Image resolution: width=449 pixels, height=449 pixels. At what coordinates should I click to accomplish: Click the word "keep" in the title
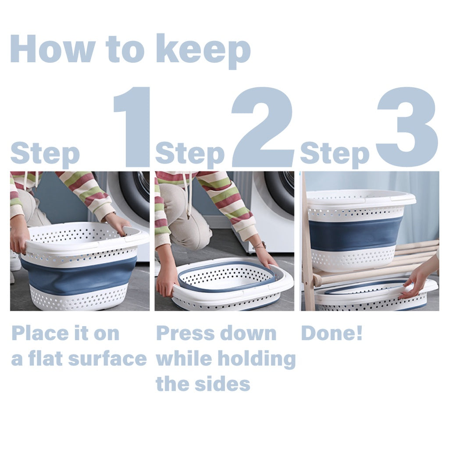click(203, 51)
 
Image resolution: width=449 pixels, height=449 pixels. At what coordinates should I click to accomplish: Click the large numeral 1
click(132, 127)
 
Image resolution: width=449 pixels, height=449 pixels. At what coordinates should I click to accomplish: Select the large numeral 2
click(262, 127)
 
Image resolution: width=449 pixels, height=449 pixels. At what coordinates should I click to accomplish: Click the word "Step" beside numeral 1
click(45, 155)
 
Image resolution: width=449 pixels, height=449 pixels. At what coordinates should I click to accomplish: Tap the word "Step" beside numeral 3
click(335, 155)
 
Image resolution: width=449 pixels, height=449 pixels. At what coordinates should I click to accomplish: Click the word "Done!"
click(332, 333)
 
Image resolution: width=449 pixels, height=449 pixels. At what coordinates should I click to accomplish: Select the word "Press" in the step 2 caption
click(185, 333)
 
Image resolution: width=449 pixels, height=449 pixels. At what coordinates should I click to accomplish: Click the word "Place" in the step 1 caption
click(40, 333)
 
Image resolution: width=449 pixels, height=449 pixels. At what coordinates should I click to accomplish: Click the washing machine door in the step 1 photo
click(135, 195)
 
